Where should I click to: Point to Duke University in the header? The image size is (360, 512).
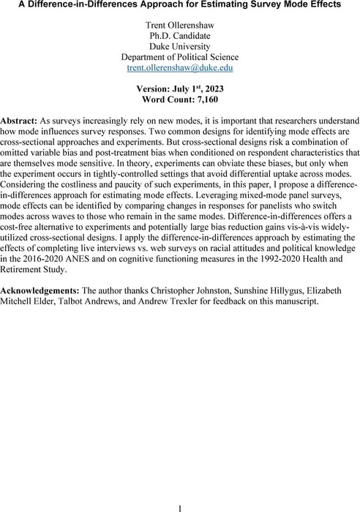(x=180, y=53)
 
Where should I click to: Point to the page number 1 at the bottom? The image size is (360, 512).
(x=180, y=504)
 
